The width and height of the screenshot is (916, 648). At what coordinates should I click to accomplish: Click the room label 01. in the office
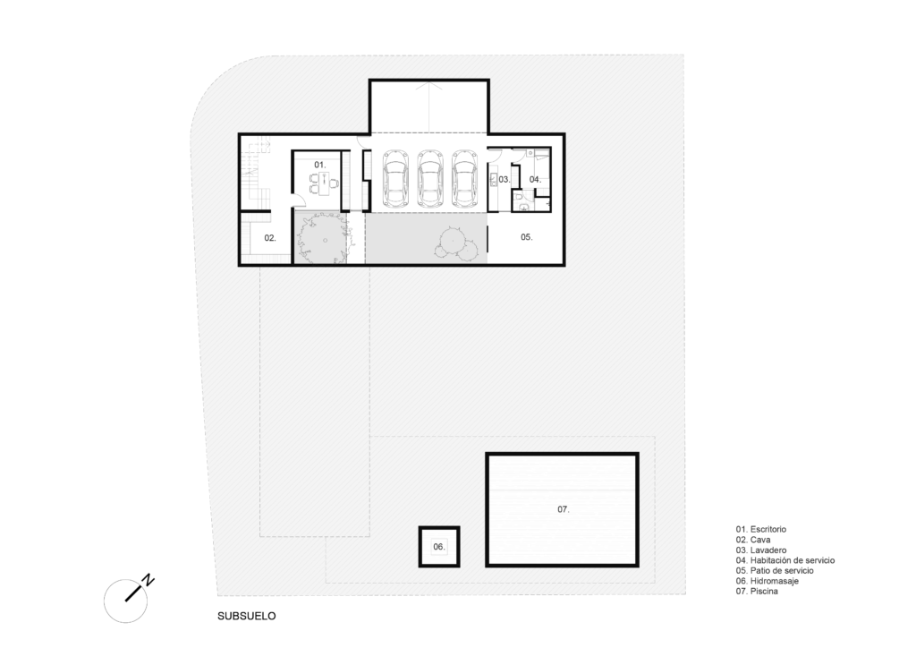click(x=319, y=165)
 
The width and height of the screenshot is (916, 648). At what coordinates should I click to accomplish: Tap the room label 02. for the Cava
click(x=270, y=238)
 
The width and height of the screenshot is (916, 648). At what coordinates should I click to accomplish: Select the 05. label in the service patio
click(x=526, y=236)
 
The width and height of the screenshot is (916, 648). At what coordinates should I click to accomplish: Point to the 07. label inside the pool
click(x=564, y=509)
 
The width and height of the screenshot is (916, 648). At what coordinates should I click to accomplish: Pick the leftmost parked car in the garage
click(x=395, y=179)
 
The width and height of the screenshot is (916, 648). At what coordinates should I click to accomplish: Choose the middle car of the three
click(x=430, y=179)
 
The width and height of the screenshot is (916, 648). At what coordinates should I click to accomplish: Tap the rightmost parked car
click(x=465, y=179)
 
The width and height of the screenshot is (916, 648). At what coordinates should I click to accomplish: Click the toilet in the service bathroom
click(x=522, y=204)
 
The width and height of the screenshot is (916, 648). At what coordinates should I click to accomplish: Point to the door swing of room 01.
click(x=298, y=200)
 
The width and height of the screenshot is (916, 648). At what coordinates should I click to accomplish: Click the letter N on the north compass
click(x=149, y=580)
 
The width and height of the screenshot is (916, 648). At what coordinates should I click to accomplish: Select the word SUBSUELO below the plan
click(x=247, y=616)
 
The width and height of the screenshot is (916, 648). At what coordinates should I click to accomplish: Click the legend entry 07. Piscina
click(x=757, y=592)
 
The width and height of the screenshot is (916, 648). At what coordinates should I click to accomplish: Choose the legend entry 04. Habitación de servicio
click(x=785, y=560)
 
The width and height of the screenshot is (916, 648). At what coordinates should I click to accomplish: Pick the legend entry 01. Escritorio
click(x=760, y=529)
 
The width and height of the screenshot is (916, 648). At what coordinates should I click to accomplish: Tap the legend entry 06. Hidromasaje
click(x=767, y=581)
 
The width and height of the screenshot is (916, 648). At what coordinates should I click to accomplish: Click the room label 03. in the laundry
click(x=505, y=179)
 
